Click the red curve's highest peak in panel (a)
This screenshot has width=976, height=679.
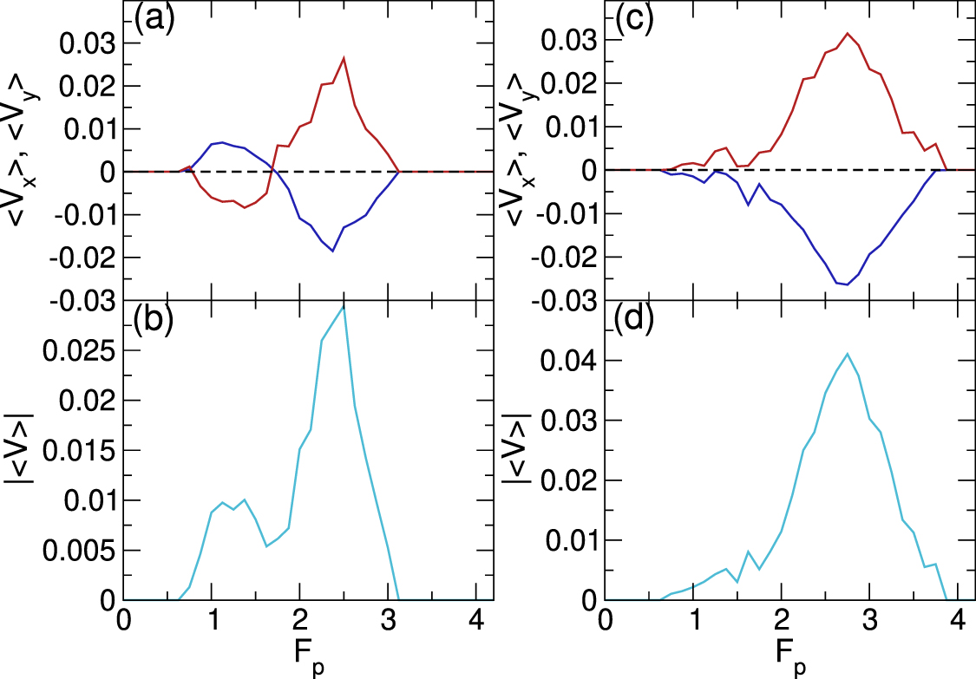click(344, 58)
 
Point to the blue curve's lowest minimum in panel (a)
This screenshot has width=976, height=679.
click(333, 251)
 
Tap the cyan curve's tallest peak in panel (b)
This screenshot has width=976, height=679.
click(344, 308)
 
